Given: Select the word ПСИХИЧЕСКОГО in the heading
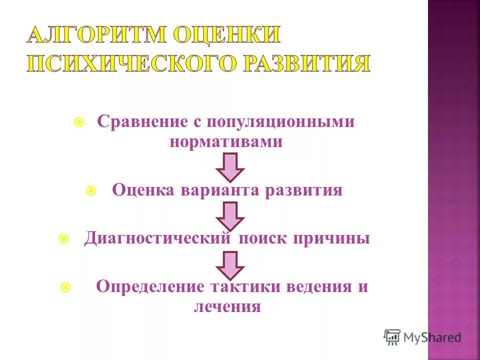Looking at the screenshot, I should pos(132,64).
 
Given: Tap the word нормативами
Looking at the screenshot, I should pos(226,142).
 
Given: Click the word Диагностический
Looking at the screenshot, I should pos(158,238).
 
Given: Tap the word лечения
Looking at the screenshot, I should pos(227,306).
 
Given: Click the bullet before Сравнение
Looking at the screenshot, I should pos(78,122).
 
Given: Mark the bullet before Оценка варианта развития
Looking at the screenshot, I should pos(91,191).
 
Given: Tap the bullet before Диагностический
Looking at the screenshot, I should pos(63,239).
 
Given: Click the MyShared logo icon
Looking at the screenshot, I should pos(392,337).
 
